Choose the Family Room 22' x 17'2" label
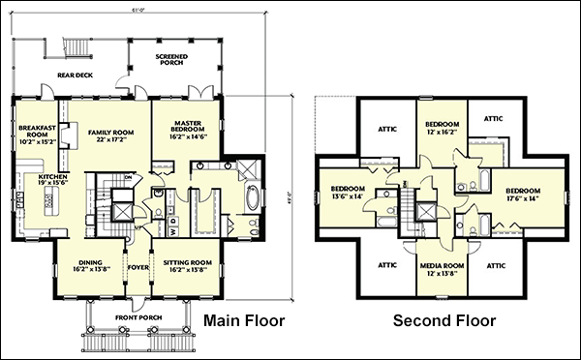tap(109, 135)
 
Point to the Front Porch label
tap(135, 317)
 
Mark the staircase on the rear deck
tap(74, 48)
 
